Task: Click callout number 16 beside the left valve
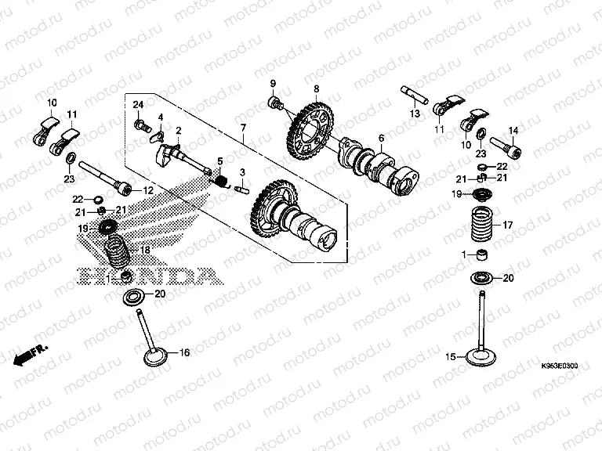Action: [x=185, y=353]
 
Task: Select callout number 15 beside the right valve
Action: [x=451, y=357]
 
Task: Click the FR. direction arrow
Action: [x=30, y=354]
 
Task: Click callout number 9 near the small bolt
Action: [x=274, y=84]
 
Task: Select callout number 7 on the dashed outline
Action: [x=243, y=128]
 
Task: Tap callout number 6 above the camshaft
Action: [x=381, y=139]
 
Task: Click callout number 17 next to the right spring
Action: [x=507, y=225]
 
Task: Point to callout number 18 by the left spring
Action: [x=144, y=249]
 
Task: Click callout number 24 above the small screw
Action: [x=138, y=105]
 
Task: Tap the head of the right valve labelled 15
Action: [x=481, y=356]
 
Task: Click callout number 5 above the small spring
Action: [x=220, y=161]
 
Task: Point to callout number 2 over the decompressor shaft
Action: [x=179, y=130]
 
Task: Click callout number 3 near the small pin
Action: [x=243, y=171]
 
